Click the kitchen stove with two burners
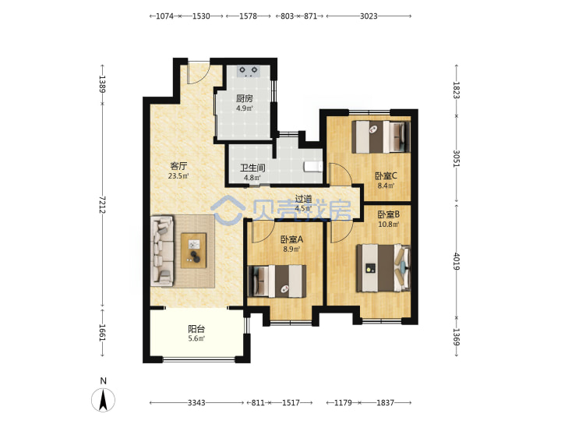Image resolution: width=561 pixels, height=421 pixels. click(x=248, y=71)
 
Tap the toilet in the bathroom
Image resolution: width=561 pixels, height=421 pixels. click(x=313, y=167)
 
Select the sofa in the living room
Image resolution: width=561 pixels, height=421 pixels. click(x=162, y=250)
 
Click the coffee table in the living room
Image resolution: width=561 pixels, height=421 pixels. click(x=193, y=250)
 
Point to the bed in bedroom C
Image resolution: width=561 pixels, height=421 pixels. click(x=381, y=136)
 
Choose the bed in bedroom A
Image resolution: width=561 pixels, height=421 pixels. click(x=277, y=281)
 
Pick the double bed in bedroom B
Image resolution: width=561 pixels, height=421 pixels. click(x=383, y=267)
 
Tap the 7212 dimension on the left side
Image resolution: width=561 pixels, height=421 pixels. click(x=102, y=204)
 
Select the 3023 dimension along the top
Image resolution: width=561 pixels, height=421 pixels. click(x=369, y=16)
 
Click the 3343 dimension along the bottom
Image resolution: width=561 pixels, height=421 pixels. click(x=196, y=403)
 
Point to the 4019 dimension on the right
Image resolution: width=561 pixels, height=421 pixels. click(x=457, y=261)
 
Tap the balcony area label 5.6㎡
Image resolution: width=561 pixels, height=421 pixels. click(x=196, y=338)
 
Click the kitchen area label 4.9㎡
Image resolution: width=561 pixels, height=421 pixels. click(x=245, y=108)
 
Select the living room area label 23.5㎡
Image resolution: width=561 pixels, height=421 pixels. click(x=178, y=175)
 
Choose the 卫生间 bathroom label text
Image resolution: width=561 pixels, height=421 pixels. click(x=252, y=168)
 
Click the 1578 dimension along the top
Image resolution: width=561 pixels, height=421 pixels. click(x=248, y=16)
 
